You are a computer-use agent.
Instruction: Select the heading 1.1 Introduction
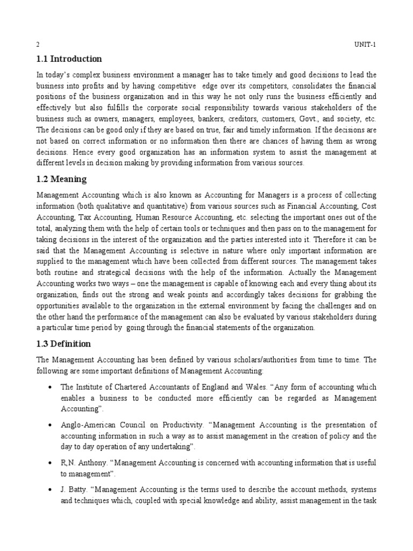pos(69,59)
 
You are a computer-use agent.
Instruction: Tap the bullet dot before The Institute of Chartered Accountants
pos(49,387)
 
